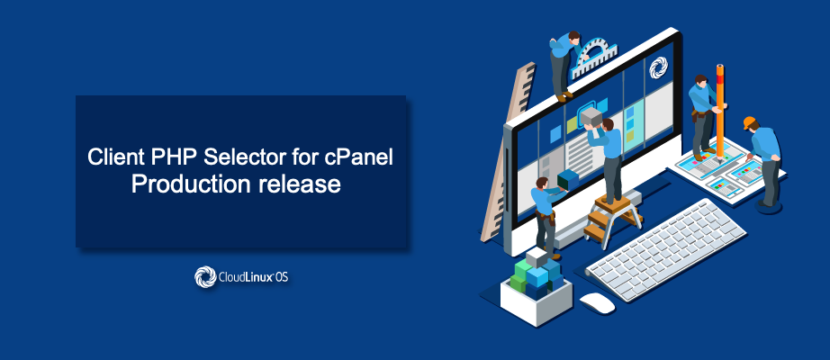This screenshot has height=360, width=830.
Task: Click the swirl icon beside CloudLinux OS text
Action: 205,277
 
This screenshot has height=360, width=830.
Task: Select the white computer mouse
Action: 598,302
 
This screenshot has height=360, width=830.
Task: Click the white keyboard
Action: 666,248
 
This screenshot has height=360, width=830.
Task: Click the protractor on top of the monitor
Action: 596,57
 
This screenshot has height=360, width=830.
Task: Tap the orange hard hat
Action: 750,122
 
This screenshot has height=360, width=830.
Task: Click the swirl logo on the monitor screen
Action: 658,67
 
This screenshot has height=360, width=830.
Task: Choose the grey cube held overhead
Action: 591,116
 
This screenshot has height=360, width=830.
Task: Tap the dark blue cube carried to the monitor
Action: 568,180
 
